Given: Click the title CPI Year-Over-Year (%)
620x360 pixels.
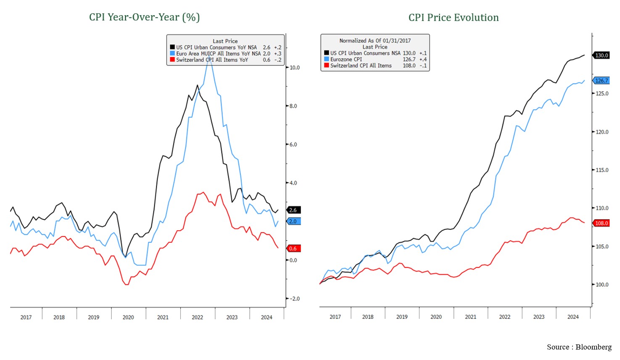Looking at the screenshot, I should (144, 17).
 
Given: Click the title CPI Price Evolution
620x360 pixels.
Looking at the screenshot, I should (454, 18).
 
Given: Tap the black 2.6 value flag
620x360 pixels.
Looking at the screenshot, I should (293, 210).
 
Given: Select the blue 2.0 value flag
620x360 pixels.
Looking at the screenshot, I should (293, 221).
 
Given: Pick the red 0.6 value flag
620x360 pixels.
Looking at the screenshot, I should (293, 249).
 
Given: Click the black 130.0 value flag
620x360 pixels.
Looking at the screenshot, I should (602, 55).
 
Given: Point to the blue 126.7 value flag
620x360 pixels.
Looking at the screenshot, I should (601, 81).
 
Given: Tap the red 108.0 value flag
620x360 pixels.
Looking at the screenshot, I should (602, 223).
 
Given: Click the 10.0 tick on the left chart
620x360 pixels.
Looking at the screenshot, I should (295, 68).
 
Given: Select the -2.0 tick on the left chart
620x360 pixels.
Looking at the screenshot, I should (294, 299).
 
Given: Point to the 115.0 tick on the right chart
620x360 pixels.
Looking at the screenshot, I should (602, 170).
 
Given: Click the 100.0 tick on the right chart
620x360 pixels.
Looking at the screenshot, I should (602, 285).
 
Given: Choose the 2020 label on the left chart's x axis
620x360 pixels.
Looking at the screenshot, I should (128, 318).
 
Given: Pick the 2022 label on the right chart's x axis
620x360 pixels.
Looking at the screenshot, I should (504, 317).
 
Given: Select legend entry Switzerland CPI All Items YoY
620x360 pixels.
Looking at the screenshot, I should (212, 60).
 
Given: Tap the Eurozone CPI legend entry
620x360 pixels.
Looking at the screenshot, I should (346, 60).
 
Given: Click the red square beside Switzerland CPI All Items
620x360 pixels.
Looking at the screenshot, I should (327, 66).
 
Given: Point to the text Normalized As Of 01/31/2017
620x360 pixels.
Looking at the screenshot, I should (375, 41).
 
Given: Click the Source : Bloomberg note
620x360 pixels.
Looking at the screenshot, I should (579, 347).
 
